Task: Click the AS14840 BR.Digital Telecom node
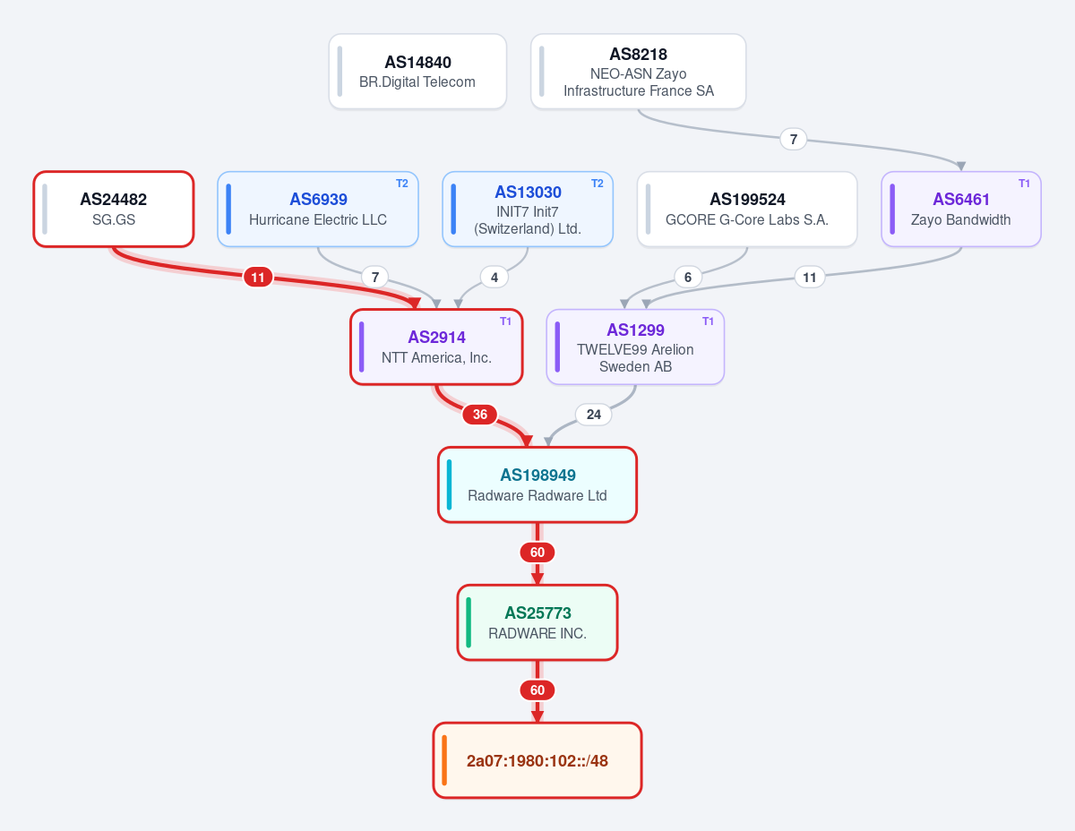(417, 71)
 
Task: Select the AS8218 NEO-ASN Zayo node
(638, 71)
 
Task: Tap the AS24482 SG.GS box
(113, 210)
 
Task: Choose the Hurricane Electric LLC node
(318, 210)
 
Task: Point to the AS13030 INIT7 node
(528, 210)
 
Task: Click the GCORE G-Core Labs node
(747, 210)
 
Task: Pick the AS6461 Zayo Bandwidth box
(960, 210)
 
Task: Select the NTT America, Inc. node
(436, 347)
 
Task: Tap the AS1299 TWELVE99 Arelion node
(635, 347)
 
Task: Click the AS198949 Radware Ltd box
(537, 484)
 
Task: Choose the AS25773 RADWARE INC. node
(537, 622)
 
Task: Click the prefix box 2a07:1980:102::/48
(537, 760)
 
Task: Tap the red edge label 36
(480, 415)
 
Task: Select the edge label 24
(594, 415)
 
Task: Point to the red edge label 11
(258, 278)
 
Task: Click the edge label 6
(688, 278)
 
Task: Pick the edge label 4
(494, 278)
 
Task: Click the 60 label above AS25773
(537, 553)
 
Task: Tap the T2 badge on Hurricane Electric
(402, 184)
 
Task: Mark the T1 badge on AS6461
(1024, 184)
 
